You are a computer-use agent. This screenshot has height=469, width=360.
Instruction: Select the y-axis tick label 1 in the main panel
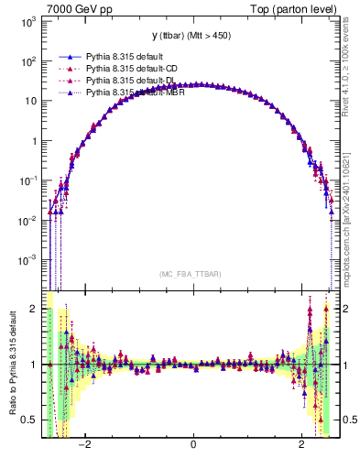tap(34, 141)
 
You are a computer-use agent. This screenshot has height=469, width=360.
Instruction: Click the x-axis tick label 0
tap(193, 445)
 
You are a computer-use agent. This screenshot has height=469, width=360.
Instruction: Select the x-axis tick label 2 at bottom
tap(302, 445)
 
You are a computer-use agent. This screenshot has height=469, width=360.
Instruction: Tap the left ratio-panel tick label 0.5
tap(31, 420)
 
